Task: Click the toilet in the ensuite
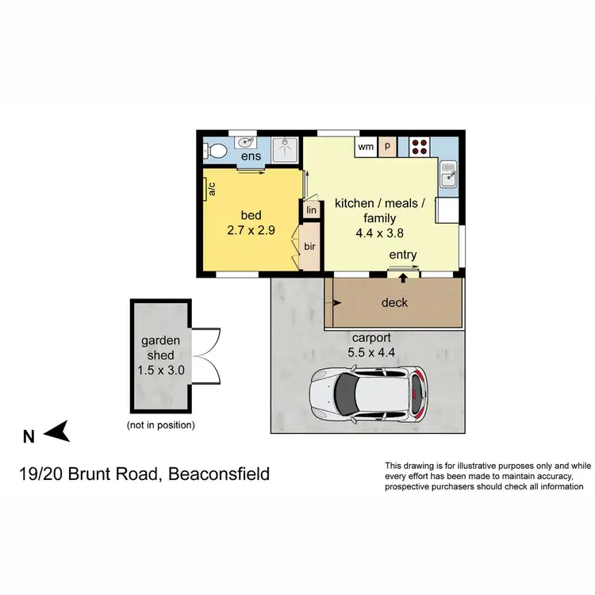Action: (218, 148)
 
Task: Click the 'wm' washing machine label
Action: (366, 147)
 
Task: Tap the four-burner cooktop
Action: (420, 147)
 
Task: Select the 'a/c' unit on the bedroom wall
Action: (212, 189)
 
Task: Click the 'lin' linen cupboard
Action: (310, 210)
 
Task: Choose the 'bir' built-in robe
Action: (309, 246)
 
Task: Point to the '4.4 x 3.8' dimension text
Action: (379, 234)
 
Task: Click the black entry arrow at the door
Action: (403, 278)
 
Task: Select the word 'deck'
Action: (394, 303)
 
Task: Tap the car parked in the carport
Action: (368, 394)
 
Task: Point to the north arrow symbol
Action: (58, 433)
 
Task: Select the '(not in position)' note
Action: (161, 425)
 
